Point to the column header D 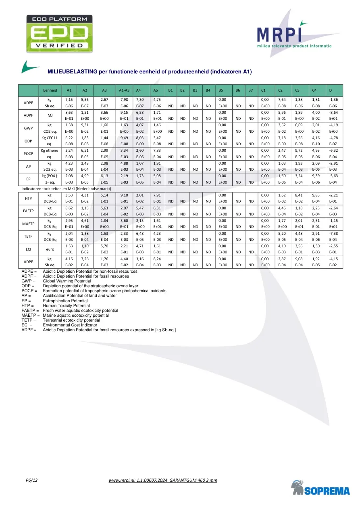click(330, 90)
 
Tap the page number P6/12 click(31, 480)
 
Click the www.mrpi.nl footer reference click(163, 480)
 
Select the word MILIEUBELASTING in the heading click(72, 72)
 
